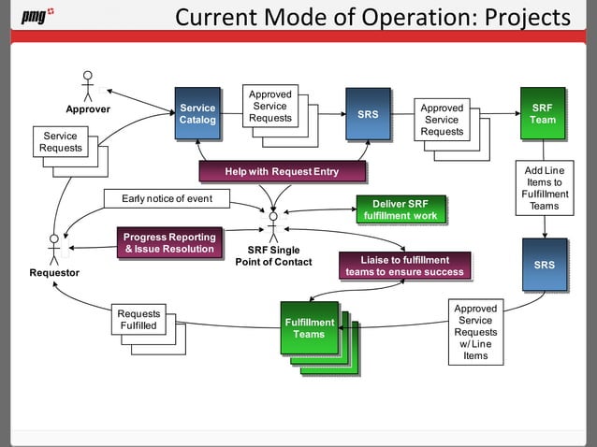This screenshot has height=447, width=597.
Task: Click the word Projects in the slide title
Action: [526, 17]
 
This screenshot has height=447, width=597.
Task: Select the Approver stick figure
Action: [88, 85]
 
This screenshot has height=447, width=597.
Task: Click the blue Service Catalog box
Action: [197, 114]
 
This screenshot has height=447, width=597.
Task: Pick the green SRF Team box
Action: [542, 114]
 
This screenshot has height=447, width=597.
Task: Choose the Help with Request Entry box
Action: [282, 171]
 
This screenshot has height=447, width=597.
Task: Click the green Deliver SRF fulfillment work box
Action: [400, 209]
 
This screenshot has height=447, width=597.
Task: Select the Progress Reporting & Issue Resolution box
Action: [169, 243]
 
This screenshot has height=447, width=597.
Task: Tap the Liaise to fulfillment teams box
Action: [404, 266]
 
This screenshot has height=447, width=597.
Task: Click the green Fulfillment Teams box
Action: [310, 328]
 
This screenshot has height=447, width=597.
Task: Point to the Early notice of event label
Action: [167, 198]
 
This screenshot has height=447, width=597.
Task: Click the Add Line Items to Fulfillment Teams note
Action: [542, 188]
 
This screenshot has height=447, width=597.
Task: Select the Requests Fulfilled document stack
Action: [139, 321]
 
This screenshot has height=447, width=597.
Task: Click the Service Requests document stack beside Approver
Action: [62, 143]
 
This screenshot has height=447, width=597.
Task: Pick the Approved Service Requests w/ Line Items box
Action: [475, 332]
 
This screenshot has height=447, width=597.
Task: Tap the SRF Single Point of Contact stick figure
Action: [273, 225]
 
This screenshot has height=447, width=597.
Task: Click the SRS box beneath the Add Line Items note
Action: [544, 265]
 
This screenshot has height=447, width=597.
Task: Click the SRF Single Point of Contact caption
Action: [273, 255]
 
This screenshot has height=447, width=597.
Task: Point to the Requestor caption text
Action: [53, 272]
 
